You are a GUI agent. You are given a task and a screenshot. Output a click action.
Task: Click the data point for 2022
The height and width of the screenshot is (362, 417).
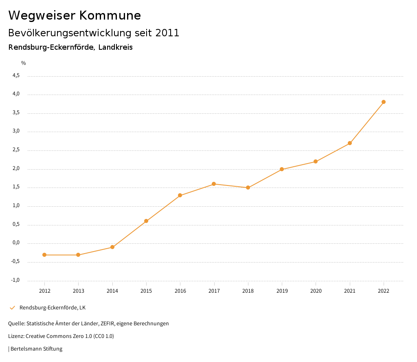(384, 102)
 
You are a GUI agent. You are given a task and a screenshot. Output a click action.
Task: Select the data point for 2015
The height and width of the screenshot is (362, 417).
(146, 221)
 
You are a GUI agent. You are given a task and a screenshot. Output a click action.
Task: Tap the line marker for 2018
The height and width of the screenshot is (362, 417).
(248, 188)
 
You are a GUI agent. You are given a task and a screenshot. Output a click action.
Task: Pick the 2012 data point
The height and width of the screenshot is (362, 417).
(44, 255)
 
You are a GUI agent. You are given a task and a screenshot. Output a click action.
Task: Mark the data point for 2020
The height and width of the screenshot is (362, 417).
(316, 161)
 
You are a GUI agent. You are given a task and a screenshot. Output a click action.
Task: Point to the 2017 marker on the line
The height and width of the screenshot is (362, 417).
(214, 184)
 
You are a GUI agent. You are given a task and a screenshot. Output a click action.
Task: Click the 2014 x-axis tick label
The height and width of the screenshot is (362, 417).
(112, 291)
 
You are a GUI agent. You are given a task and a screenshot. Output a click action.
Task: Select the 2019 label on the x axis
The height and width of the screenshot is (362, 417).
(282, 291)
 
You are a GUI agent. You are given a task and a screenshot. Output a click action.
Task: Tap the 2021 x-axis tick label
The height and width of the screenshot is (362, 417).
(350, 291)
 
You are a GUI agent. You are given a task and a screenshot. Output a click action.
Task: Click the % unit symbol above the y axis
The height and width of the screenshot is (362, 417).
(24, 63)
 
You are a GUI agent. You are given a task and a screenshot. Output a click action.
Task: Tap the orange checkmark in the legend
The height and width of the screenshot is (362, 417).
(12, 307)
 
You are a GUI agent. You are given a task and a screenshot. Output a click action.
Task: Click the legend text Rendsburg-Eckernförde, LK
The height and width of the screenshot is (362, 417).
(53, 307)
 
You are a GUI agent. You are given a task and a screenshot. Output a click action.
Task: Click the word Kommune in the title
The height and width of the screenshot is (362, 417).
(110, 15)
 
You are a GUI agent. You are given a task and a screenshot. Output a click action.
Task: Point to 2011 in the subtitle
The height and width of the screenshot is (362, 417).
(167, 33)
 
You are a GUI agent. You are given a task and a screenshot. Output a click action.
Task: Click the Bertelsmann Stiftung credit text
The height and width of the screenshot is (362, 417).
(36, 349)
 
